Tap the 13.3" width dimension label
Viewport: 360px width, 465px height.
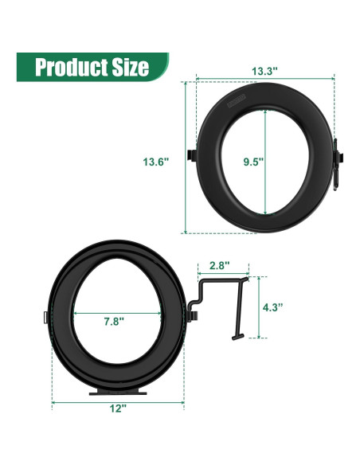pos(264,71)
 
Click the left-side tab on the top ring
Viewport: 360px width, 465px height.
pos(192,154)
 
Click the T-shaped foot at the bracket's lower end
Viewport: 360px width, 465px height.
pos(237,337)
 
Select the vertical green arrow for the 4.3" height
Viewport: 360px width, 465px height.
pos(257,307)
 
